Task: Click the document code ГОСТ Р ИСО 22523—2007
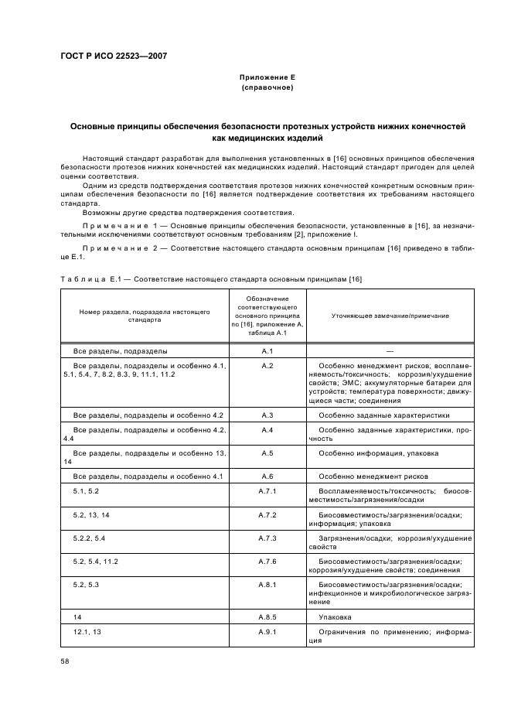(114, 56)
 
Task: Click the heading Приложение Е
(267, 77)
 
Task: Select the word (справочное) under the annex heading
(267, 87)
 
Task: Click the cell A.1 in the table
(267, 350)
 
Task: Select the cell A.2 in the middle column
(267, 365)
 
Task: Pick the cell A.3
(267, 415)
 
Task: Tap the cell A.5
(267, 452)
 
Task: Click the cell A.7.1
(267, 491)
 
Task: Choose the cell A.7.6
(267, 561)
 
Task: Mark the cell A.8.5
(267, 617)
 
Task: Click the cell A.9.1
(267, 632)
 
